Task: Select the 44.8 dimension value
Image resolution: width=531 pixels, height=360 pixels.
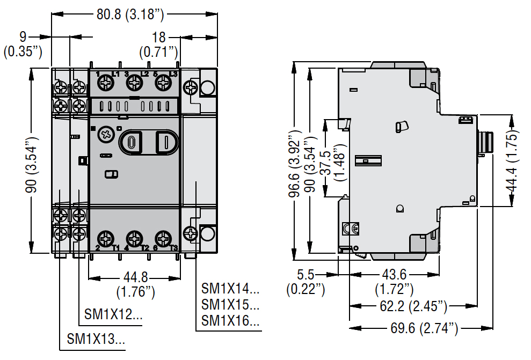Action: pos(136,278)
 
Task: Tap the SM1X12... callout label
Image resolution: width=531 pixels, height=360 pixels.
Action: pos(113,314)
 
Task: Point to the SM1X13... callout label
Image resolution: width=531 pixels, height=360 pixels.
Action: pos(96,339)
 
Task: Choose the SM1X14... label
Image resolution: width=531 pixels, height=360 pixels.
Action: pos(230,289)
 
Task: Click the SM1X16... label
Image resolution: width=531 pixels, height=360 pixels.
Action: pos(230,321)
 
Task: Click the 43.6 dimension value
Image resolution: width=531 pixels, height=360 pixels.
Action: pos(394,274)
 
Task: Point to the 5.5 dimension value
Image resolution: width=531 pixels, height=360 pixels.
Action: pos(305,275)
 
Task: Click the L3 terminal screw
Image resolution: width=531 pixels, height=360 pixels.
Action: pos(163,83)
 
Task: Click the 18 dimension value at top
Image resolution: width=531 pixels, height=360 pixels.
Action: pos(159,38)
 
